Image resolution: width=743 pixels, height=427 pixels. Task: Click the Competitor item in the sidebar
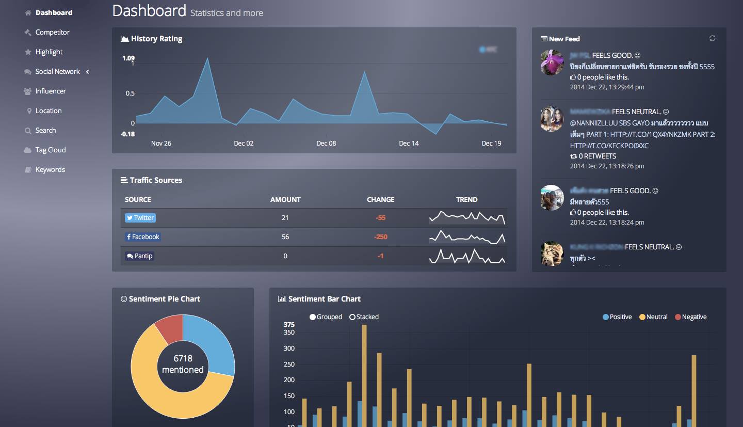click(x=52, y=32)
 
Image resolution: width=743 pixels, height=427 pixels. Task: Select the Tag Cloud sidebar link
click(x=50, y=150)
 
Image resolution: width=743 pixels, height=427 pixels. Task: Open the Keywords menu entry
click(x=50, y=169)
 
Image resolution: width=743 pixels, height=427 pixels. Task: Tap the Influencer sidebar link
click(x=51, y=91)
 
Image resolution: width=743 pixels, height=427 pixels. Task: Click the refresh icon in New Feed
click(x=713, y=38)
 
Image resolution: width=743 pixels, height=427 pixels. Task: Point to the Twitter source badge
click(x=140, y=218)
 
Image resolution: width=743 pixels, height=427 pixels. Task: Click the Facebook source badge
click(x=143, y=237)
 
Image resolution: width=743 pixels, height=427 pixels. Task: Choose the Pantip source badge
click(x=139, y=256)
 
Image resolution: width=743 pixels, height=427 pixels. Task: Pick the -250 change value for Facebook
click(x=380, y=237)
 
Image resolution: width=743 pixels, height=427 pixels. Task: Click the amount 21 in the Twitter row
click(x=285, y=218)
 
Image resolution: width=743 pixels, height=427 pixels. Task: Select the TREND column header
click(x=466, y=199)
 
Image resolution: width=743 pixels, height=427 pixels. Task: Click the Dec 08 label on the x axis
click(x=326, y=143)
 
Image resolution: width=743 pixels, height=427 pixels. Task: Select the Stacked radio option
click(x=364, y=317)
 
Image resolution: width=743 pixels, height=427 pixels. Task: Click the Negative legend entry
click(x=691, y=317)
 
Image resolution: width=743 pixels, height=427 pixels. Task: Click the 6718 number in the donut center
click(x=183, y=358)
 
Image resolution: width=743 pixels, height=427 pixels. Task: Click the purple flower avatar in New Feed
click(x=552, y=62)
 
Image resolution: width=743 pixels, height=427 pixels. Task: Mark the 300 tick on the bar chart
click(x=289, y=349)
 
